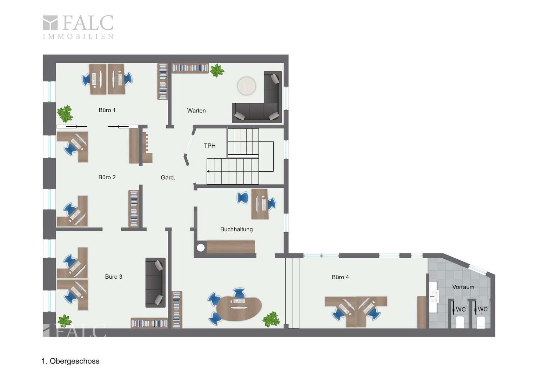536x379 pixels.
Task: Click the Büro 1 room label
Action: [107, 110]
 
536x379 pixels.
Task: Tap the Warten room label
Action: [196, 111]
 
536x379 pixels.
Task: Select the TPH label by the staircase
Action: [210, 146]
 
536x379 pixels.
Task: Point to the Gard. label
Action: [168, 178]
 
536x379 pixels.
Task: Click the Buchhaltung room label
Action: [236, 230]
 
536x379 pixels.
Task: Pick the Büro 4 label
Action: [340, 277]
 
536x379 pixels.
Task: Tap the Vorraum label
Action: [463, 287]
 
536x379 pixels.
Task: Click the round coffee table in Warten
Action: [247, 86]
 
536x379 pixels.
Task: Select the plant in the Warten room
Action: [217, 71]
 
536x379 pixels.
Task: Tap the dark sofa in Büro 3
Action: [155, 282]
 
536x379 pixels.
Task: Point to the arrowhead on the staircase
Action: [208, 171]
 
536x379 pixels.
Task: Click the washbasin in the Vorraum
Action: [433, 297]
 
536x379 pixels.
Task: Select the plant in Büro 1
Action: [65, 114]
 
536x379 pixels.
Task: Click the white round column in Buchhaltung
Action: [201, 248]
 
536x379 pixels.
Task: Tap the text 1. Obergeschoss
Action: [71, 361]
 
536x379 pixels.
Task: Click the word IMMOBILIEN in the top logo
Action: [78, 36]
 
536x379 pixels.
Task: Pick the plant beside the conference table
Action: [271, 319]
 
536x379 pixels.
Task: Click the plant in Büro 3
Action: [65, 321]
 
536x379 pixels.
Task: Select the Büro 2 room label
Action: [107, 177]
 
